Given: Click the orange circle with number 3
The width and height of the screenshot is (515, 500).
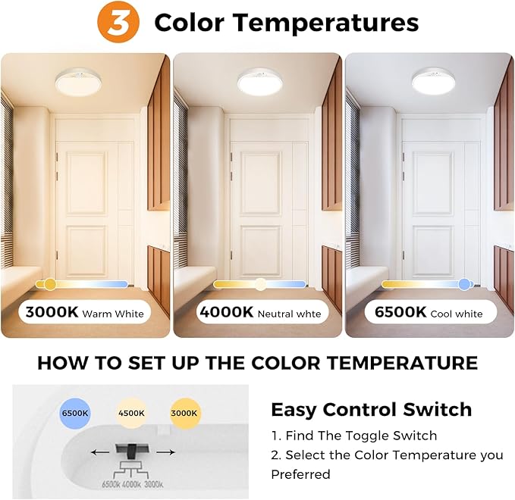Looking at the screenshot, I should [120, 23].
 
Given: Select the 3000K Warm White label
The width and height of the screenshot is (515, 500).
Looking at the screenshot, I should [84, 311].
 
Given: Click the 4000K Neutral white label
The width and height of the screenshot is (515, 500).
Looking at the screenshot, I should [259, 312].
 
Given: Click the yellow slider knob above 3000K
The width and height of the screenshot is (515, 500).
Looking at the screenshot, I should [50, 284].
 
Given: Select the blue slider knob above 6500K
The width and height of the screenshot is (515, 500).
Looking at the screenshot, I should [464, 284].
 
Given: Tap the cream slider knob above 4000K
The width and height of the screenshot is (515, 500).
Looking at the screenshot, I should [260, 284].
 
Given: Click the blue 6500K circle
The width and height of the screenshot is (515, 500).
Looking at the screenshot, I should [74, 414].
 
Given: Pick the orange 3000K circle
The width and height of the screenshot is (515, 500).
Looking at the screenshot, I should [184, 414].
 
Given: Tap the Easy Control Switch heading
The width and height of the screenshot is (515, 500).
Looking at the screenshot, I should [371, 410].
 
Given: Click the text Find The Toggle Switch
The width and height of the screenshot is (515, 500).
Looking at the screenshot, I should [353, 436].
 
